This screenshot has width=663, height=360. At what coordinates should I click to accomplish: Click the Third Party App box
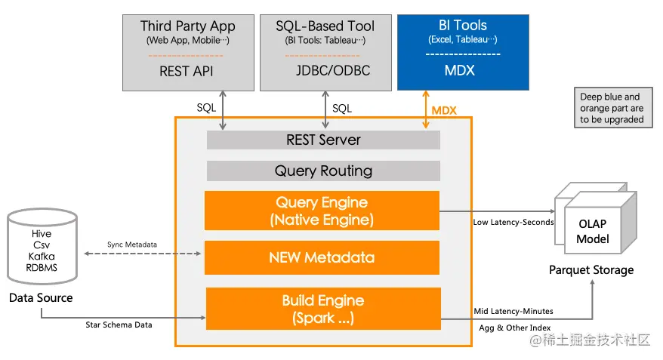(x=188, y=53)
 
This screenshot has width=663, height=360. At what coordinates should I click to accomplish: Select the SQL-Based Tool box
(x=325, y=53)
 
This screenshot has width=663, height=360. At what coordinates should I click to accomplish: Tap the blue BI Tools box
(x=463, y=52)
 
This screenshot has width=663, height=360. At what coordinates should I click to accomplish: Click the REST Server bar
(x=323, y=140)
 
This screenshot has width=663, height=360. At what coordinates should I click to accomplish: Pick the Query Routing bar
(x=323, y=171)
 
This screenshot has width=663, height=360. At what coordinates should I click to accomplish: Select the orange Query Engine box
(x=322, y=211)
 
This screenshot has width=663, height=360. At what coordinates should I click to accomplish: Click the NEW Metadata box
(x=322, y=257)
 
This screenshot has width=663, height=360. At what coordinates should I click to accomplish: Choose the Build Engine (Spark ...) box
(x=323, y=309)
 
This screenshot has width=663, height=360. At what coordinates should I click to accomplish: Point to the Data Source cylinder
(x=42, y=246)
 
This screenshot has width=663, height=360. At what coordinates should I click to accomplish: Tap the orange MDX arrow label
(x=444, y=111)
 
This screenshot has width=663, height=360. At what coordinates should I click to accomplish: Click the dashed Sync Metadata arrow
(x=143, y=254)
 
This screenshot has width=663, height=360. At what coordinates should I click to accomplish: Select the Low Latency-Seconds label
(x=513, y=222)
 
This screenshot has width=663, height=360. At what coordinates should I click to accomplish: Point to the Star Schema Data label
(x=119, y=325)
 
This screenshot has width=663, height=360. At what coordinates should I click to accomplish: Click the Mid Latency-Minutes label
(x=513, y=312)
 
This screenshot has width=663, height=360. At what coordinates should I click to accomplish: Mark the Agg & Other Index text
(x=514, y=328)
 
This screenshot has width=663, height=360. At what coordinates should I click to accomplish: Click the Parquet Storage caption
(x=591, y=270)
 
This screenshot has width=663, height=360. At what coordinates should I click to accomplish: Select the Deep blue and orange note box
(x=613, y=108)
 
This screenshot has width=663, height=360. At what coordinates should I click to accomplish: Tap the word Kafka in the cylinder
(x=42, y=257)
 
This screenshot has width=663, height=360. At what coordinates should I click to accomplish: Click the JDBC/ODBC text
(x=333, y=70)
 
